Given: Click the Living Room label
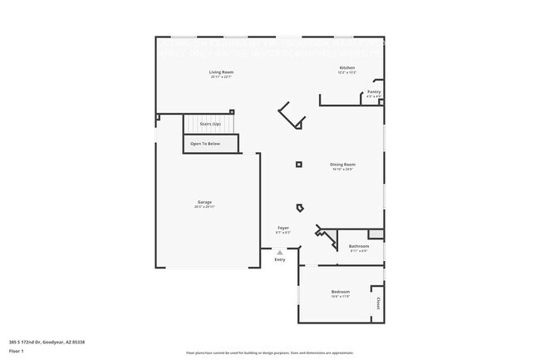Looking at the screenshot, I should click(x=221, y=72).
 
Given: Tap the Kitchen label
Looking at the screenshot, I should click(x=347, y=67).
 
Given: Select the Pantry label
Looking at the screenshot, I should click(x=375, y=91).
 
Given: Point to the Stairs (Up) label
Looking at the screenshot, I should click(x=210, y=124).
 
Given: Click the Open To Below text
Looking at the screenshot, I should click(x=205, y=144).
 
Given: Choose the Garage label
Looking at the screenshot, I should click(x=204, y=202).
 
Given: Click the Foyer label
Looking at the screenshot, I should click(x=283, y=227).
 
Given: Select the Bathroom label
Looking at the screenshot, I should click(x=359, y=246).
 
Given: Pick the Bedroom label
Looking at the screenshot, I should click(x=341, y=292).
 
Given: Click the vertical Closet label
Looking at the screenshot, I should click(x=378, y=303).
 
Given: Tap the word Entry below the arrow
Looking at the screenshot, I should click(x=280, y=259).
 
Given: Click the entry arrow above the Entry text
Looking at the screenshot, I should click(x=280, y=252).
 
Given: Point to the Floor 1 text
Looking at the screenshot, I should click(x=17, y=352).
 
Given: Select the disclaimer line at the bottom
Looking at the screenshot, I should click(x=270, y=353).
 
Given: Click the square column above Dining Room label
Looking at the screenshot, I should click(x=299, y=164).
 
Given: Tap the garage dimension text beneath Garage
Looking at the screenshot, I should click(x=204, y=207).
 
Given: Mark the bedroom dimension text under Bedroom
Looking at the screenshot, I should click(x=341, y=297).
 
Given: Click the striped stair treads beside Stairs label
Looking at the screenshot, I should click(x=190, y=124).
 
